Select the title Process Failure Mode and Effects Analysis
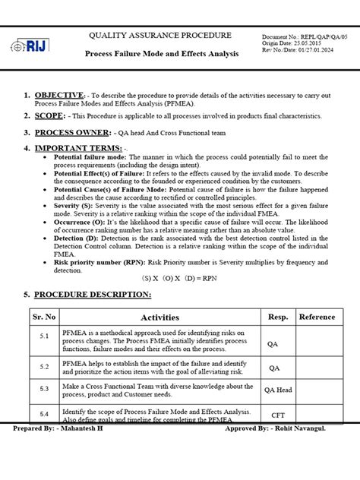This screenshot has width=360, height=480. tap(161, 54)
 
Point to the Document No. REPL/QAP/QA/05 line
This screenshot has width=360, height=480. tap(303, 36)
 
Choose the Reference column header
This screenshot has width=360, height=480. tap(317, 317)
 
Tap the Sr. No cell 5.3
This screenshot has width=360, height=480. tap(43, 388)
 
